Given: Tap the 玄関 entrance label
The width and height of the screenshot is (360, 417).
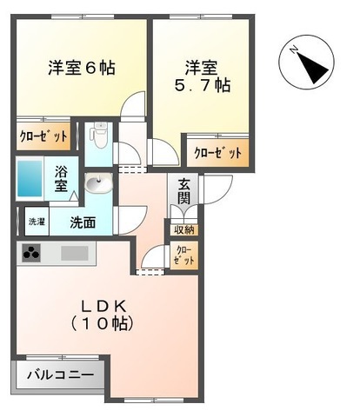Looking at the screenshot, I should pos(184,192).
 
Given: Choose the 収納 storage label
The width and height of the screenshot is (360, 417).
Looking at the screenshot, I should pos(183,230).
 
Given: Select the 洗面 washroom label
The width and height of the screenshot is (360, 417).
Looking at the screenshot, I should pos(83,222).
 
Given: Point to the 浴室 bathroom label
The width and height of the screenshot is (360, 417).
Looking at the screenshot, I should pos(63,179).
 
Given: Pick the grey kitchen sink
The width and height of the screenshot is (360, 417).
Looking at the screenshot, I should pos(74,255).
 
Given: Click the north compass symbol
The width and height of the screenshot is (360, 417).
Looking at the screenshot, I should pos(304,63).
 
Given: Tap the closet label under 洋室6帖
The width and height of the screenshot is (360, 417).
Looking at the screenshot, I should pos(43,136).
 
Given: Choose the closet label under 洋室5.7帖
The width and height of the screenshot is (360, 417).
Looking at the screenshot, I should pos(217,153).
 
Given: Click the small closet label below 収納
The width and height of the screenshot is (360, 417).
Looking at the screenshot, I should pos(183,255).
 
